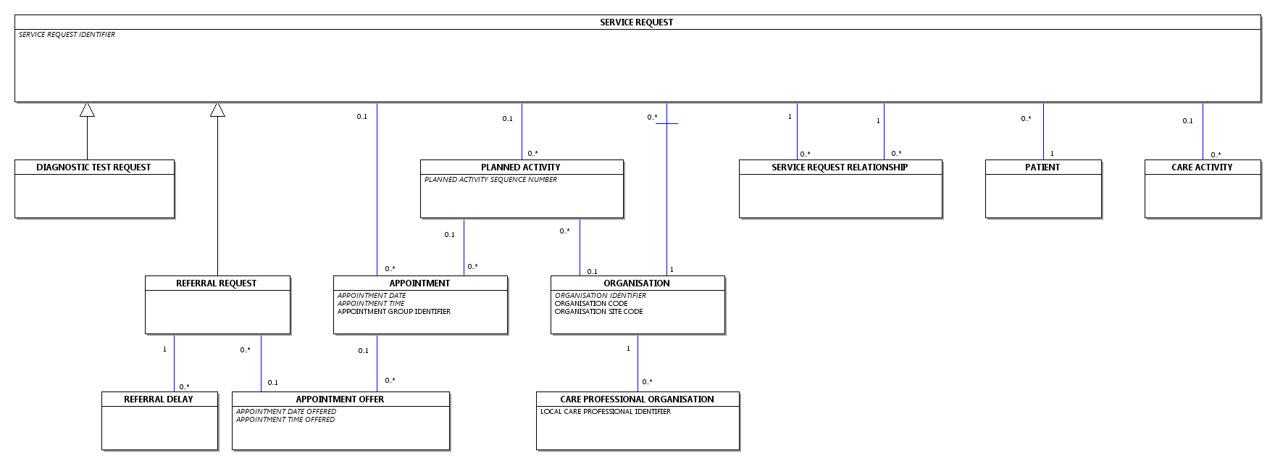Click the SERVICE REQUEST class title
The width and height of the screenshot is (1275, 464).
pos(636,22)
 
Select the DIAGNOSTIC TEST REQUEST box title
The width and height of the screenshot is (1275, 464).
pos(93,167)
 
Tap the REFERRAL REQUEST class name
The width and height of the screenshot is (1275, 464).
pos(217,283)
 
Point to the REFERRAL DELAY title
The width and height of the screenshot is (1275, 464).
pos(159,399)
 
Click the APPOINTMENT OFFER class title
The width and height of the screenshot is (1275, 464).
pos(340,399)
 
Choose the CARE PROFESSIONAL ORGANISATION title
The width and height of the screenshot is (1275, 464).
pos(637,399)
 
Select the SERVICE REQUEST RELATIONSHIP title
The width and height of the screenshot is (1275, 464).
pos(840,167)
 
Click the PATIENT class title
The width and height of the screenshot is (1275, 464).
pos(1042,167)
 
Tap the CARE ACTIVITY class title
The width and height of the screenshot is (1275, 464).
pos(1202,167)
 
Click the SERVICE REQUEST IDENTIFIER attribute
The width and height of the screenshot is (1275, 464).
pos(67,35)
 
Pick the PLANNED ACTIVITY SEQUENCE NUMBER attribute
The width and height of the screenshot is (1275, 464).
pos(490,180)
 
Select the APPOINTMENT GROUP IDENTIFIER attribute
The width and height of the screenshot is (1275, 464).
pos(394,312)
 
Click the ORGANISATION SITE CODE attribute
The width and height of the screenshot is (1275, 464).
pos(599,312)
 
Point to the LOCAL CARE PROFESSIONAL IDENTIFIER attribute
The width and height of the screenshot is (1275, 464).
pos(606,412)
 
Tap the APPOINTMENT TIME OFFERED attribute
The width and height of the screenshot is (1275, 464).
pos(285,420)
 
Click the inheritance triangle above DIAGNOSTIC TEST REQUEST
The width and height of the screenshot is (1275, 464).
pos(87,109)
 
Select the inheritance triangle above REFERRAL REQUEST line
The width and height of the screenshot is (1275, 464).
pos(217,109)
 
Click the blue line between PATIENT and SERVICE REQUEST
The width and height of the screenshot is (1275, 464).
pos(1043,131)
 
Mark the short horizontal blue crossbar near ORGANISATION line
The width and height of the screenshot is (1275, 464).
pos(666,124)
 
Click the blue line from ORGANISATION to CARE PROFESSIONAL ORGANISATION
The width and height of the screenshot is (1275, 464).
pos(637,363)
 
